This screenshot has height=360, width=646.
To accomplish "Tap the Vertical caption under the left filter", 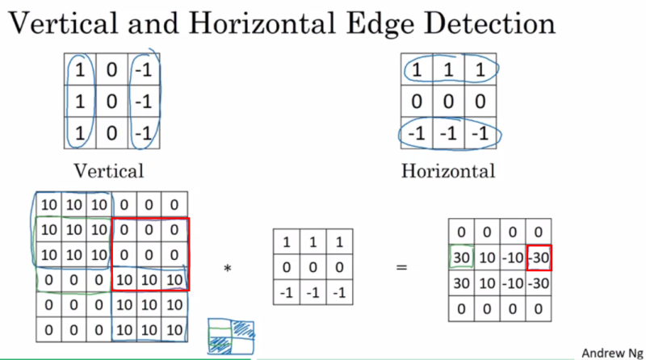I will click(x=109, y=170).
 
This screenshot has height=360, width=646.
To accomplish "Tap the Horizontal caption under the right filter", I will click(x=448, y=170).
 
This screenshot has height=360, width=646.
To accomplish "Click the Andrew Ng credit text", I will click(x=610, y=353).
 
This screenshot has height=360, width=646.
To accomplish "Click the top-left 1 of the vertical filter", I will click(x=79, y=70).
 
